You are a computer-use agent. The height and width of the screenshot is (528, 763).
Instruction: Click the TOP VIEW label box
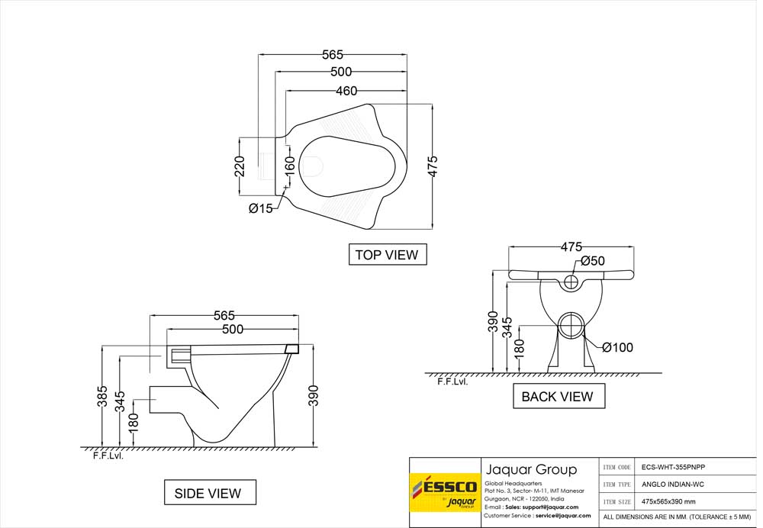click(x=388, y=255)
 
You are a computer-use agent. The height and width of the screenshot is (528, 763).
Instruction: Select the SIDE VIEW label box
click(x=210, y=492)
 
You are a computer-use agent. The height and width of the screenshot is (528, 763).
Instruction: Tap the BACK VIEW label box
click(x=559, y=396)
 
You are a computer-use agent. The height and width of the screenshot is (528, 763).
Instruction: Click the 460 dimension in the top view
click(x=346, y=91)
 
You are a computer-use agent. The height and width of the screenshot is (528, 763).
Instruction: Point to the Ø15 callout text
click(x=261, y=209)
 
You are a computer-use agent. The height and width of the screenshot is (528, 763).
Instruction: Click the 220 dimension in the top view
click(x=240, y=166)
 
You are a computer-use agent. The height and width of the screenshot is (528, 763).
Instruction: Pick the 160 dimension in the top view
click(x=289, y=166)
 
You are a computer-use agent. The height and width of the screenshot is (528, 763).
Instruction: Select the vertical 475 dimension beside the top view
click(x=433, y=166)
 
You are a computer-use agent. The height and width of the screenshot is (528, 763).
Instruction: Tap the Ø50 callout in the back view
click(x=593, y=261)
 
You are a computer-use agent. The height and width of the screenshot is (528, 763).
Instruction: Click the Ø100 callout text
click(x=617, y=347)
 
